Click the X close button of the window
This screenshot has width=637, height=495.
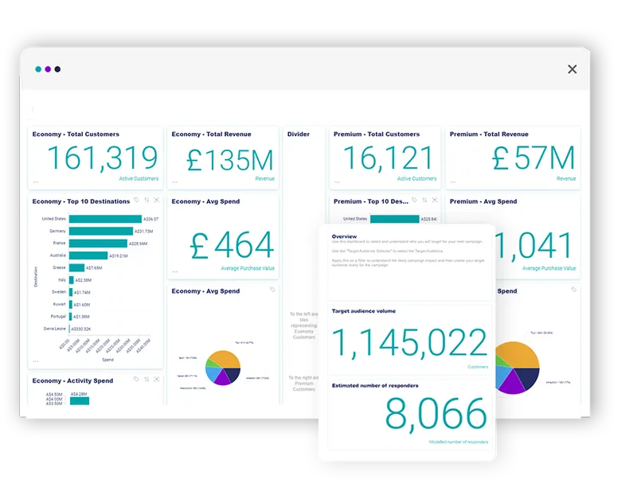coord(572,69)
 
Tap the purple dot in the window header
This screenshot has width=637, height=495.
coord(48,69)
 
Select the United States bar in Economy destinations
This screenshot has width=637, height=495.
coord(104,219)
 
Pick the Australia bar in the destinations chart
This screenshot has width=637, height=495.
coord(88,255)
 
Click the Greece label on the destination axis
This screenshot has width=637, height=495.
coord(59,267)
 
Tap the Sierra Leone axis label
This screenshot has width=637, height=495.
coord(54,328)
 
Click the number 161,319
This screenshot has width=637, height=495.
coord(102,159)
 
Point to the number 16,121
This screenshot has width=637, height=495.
coord(388,159)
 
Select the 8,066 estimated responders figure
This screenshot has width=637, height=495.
coord(436,415)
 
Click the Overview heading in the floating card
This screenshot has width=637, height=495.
coord(344,236)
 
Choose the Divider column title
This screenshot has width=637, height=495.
coord(299,134)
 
